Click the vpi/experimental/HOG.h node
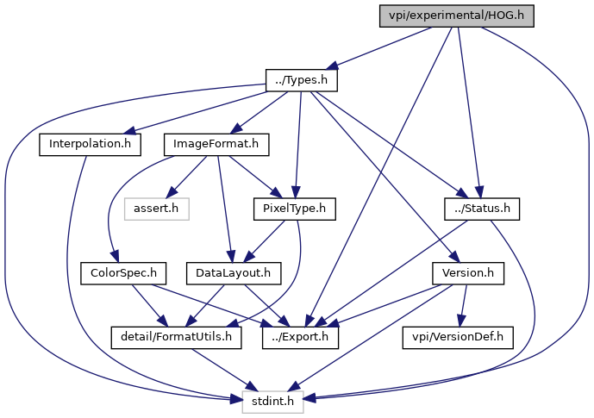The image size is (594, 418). [456, 16]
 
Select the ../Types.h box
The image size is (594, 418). [301, 80]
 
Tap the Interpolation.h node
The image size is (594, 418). [91, 144]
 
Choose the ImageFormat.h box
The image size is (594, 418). [216, 144]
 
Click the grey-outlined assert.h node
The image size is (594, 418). [156, 209]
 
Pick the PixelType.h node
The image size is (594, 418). [294, 209]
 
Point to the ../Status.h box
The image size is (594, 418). [482, 209]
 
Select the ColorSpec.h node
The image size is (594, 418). [123, 273]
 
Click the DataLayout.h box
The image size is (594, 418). [234, 273]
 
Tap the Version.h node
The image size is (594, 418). [468, 273]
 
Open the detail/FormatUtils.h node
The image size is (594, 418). [176, 337]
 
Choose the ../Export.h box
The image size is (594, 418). [300, 337]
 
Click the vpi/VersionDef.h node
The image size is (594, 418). [458, 337]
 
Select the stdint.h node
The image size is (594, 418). [272, 402]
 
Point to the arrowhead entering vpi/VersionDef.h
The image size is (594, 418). [460, 320]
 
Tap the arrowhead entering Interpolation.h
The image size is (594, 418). [129, 131]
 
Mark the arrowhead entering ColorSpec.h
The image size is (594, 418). [115, 256]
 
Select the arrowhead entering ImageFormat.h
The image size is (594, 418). [236, 128]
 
